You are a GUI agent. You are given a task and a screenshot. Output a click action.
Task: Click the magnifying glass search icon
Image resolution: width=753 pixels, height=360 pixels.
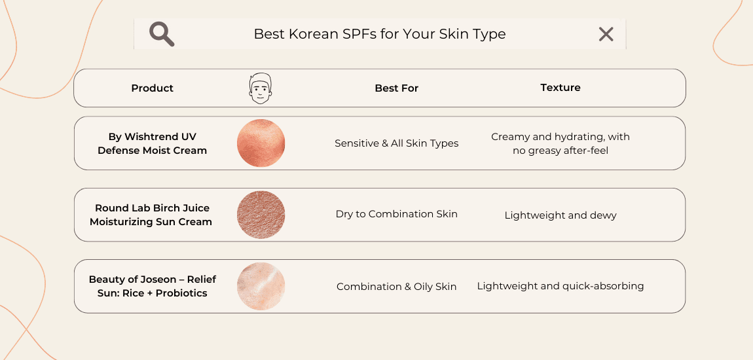click(x=161, y=33)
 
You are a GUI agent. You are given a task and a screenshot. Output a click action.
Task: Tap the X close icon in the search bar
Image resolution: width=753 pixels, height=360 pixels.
click(x=606, y=34)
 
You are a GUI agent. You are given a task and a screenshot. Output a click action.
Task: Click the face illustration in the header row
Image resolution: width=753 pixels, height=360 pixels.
click(x=261, y=88)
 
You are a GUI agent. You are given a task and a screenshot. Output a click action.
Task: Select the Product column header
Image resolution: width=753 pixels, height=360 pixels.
click(x=152, y=88)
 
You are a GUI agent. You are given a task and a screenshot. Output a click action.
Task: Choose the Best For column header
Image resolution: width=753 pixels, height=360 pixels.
click(x=396, y=88)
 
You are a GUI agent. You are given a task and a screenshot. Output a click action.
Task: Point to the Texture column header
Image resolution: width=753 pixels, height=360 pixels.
click(x=560, y=87)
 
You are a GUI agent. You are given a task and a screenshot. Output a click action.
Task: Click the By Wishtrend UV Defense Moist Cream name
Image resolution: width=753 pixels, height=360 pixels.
click(x=152, y=143)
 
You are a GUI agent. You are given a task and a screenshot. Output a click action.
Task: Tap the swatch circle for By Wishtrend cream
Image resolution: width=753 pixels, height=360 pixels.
click(x=261, y=143)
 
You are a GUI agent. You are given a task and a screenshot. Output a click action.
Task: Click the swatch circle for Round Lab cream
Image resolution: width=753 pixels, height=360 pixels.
click(x=261, y=215)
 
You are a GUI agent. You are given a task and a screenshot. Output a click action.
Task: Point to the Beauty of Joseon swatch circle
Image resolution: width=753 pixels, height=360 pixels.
click(x=261, y=286)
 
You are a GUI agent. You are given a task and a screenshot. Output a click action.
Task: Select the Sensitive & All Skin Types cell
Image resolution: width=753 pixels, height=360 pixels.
click(x=396, y=143)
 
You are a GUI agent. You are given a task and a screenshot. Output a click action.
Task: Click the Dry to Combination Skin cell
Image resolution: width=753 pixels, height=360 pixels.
click(x=396, y=214)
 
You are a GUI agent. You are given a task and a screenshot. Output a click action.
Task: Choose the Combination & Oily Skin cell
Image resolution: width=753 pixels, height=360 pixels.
click(x=396, y=287)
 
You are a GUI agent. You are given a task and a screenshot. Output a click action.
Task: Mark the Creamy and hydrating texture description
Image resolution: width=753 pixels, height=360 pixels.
click(x=560, y=143)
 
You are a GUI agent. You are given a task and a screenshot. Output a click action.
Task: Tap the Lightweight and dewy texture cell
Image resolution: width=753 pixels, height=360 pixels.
click(x=560, y=215)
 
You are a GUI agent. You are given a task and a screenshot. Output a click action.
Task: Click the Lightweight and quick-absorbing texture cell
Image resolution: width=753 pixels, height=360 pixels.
click(x=560, y=286)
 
